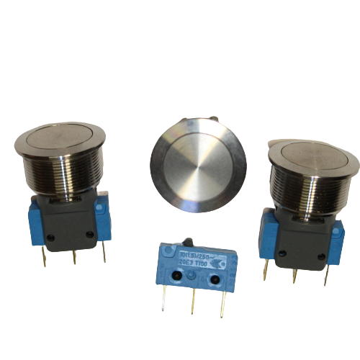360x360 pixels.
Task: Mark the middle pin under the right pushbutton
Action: tap(294, 274)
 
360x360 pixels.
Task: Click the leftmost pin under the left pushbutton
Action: tap(45, 253)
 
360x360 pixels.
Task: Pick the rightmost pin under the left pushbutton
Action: tap(104, 250)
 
